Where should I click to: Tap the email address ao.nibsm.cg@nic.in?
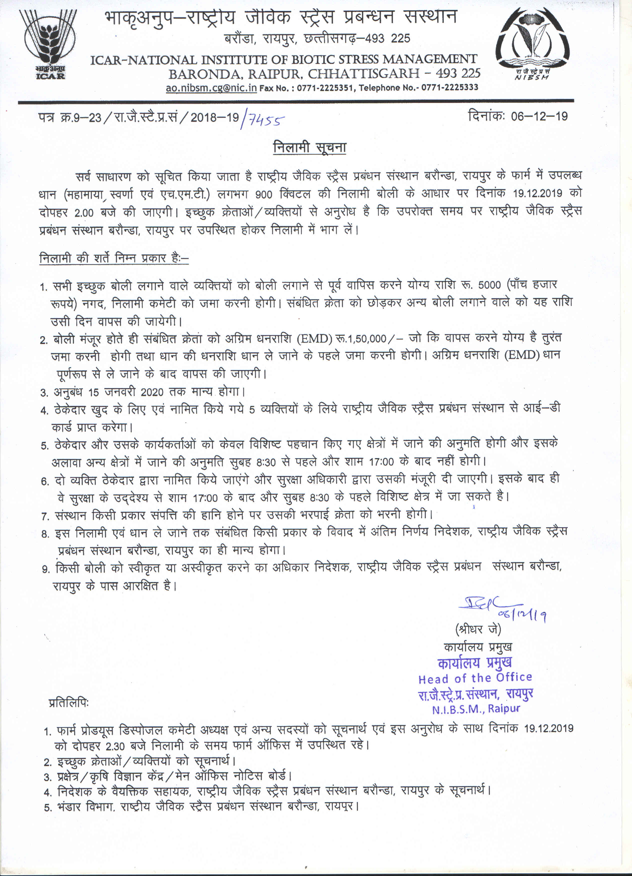tap(211, 88)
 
